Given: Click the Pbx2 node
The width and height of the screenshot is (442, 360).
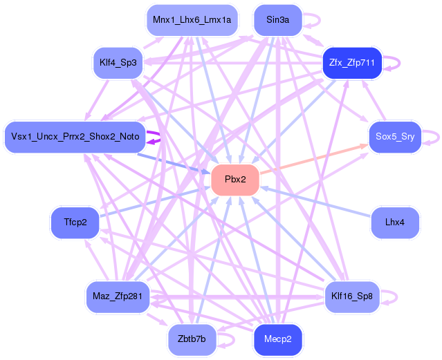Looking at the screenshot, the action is (x=235, y=180).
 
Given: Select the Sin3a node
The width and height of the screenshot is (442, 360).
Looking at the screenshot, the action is (x=278, y=20).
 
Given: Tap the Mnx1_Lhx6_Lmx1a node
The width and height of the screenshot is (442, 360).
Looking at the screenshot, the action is (x=192, y=20).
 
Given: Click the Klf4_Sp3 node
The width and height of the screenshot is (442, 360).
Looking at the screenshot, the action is (x=118, y=63).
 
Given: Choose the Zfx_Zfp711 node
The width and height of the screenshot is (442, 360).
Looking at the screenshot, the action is (x=352, y=63).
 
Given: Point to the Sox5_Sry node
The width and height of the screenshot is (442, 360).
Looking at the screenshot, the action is (x=395, y=137).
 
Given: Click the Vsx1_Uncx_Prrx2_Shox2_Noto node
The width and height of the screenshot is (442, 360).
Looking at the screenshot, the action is (x=75, y=137).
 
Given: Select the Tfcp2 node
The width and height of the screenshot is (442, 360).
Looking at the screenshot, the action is (x=75, y=222).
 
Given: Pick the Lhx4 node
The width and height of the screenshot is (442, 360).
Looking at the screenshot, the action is (x=395, y=222).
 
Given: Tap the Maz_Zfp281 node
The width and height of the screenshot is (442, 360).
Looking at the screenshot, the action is (x=118, y=296).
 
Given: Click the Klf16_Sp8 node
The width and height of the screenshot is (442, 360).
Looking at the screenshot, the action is (x=352, y=296).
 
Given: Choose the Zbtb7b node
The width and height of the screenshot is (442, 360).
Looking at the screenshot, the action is (x=192, y=339).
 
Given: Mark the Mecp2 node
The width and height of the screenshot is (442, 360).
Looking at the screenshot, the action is (x=278, y=339).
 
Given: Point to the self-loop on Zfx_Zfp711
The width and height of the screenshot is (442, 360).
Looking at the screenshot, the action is (x=399, y=63).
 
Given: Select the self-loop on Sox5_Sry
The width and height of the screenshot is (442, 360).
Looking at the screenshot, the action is (x=439, y=138).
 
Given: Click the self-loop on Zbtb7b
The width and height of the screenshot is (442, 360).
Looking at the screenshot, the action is (x=234, y=340).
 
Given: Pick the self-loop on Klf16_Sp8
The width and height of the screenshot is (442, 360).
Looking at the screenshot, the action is (x=397, y=297).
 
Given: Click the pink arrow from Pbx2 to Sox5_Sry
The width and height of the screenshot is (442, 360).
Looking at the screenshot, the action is (x=314, y=159).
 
